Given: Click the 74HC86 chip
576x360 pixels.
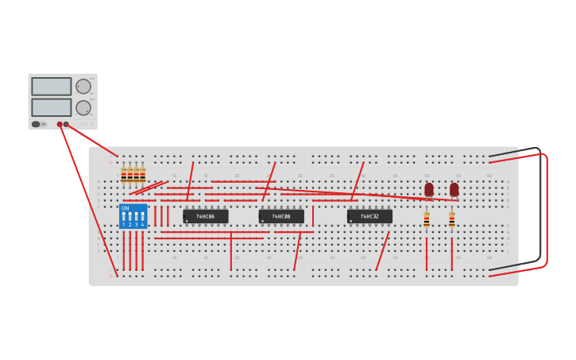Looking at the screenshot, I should (205, 216).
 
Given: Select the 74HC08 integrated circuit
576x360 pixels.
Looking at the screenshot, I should (281, 216).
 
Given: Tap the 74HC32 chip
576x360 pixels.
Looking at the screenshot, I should (369, 216).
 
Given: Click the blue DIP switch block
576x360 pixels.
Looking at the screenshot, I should (133, 216).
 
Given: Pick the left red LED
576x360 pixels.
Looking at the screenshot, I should (429, 190).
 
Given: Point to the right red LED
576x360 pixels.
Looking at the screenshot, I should (454, 190).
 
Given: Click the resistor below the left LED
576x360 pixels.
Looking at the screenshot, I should (427, 220).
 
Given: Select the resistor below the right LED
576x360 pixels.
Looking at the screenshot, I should (452, 220).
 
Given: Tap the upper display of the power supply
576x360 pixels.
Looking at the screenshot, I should (51, 86).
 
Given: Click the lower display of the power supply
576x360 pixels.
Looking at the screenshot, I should (51, 106).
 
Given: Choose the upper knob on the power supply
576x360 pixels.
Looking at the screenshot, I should (83, 86).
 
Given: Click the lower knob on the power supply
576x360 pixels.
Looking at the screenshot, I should (83, 106).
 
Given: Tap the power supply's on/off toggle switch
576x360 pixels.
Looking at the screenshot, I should (37, 124).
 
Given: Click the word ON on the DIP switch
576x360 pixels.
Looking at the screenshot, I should (125, 208).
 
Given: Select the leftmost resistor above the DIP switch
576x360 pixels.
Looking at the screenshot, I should (123, 176).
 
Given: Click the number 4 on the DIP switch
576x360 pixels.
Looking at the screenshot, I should (143, 225).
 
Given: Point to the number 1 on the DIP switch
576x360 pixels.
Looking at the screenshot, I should (124, 225).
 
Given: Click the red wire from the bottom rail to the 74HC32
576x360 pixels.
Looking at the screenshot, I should (382, 251).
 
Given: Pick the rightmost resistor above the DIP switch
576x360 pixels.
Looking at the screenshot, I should (143, 176).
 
